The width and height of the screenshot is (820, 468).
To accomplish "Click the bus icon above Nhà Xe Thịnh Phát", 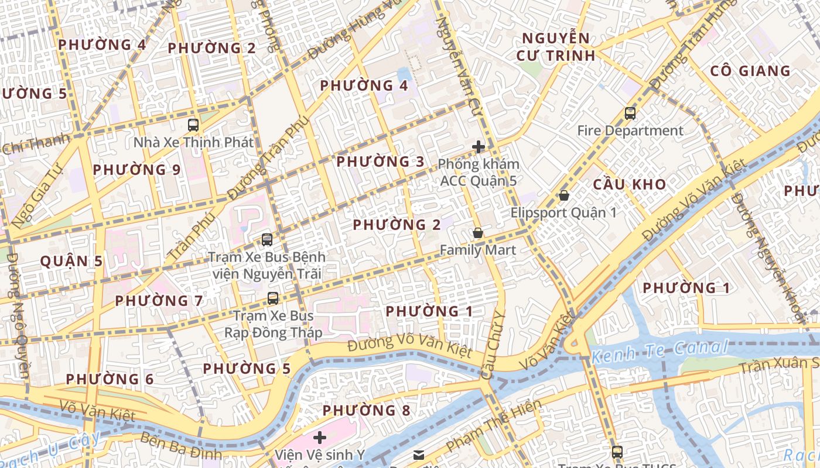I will [x=193, y=125].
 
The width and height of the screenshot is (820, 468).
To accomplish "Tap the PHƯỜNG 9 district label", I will [x=137, y=170].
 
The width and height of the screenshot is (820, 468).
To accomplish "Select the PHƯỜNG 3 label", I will [x=380, y=161].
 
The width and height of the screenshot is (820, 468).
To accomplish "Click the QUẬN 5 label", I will [x=71, y=261].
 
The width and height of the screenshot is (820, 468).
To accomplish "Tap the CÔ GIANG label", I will [x=750, y=71].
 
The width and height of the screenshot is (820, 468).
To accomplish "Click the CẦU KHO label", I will [x=629, y=184].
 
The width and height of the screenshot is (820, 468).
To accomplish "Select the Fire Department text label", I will [x=630, y=130].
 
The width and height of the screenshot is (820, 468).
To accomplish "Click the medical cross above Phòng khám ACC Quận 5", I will [x=479, y=147].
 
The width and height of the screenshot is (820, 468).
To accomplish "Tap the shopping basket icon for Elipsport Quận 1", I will [x=563, y=195].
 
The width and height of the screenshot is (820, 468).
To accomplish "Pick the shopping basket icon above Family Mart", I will [x=478, y=233].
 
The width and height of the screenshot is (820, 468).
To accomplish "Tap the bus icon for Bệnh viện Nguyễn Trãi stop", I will [x=267, y=239].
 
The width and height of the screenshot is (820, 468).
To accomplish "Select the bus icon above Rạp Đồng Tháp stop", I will [x=273, y=298].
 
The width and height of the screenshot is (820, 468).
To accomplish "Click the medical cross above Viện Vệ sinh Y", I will [x=320, y=438].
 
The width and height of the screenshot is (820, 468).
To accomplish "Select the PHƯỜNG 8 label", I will [x=366, y=410].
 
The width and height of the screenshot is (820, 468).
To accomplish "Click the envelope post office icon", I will [x=419, y=455].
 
